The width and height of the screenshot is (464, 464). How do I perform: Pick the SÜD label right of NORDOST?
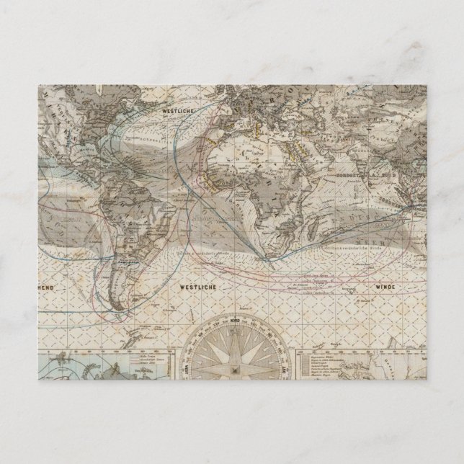pyautogui.click(x=390, y=174)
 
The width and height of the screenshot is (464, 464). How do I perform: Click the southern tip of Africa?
pyautogui.click(x=269, y=251)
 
